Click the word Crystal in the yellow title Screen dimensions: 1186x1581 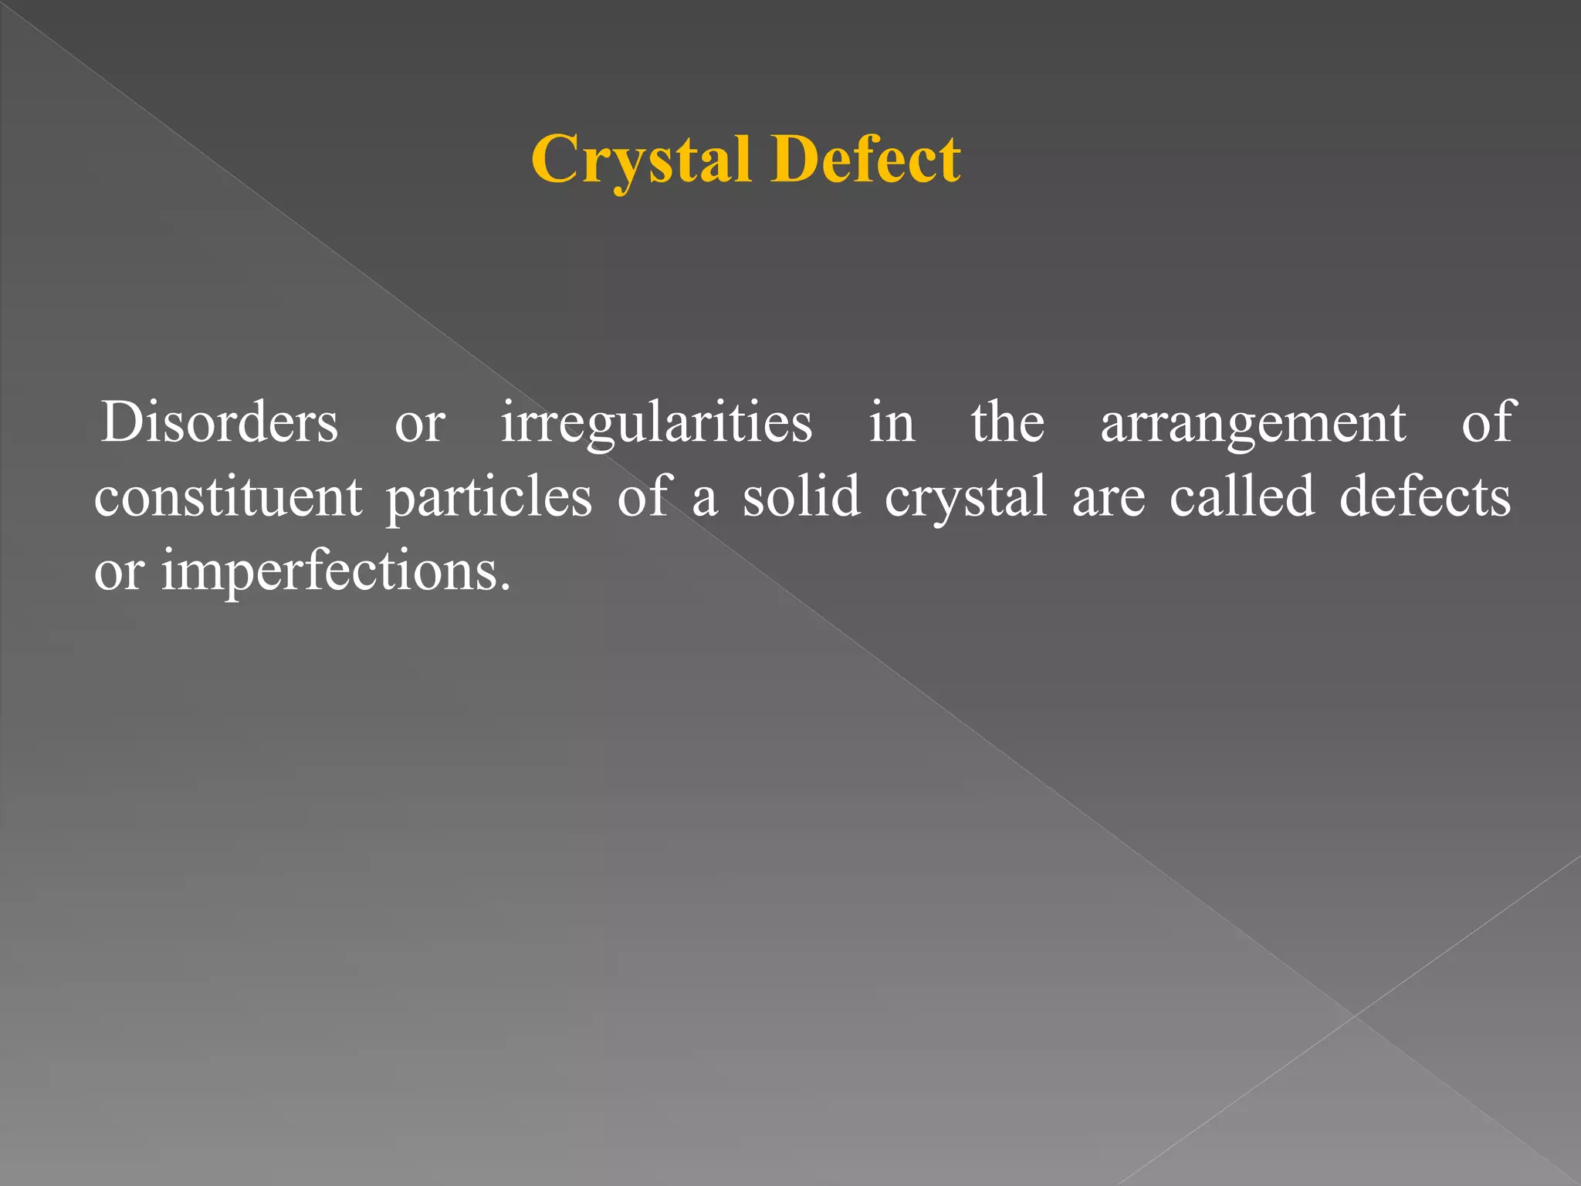(641, 160)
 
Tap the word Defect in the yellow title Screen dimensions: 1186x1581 (865, 160)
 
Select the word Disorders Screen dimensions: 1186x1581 (219, 423)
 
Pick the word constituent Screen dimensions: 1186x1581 (228, 497)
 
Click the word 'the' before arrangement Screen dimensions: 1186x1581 (1007, 422)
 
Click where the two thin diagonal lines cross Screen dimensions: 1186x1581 (1355, 1015)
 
